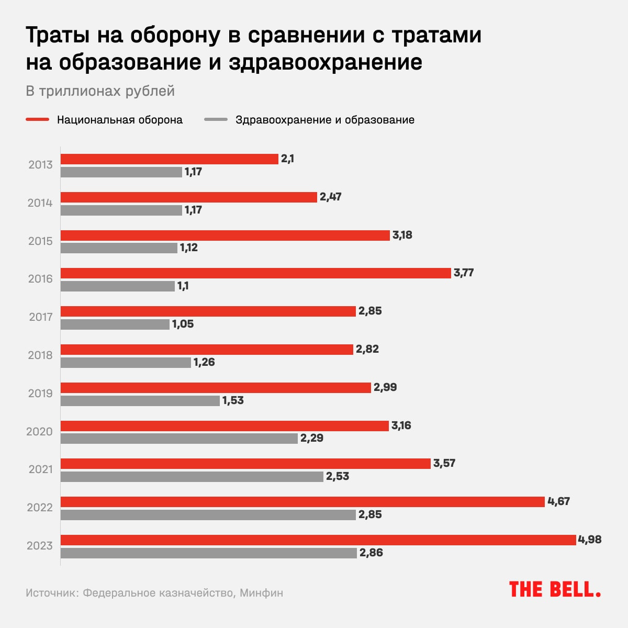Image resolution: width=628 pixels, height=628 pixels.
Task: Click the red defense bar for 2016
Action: point(255,273)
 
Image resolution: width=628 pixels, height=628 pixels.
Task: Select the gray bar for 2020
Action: point(179,439)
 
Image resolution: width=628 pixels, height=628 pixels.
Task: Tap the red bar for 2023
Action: point(318,540)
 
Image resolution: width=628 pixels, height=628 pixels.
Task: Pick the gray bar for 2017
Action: point(115,324)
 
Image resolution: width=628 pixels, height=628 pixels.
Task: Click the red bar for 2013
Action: point(169,159)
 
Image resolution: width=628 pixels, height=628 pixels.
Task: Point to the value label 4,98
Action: point(590,540)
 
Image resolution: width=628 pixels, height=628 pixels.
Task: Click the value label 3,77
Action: point(464,273)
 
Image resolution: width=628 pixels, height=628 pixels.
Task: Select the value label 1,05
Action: point(183,324)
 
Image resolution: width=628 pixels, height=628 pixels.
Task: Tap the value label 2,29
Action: point(312,438)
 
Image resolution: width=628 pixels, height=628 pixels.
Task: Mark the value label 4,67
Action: point(558,501)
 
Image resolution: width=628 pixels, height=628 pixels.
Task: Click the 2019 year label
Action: point(40,394)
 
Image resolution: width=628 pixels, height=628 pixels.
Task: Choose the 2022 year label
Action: point(40,508)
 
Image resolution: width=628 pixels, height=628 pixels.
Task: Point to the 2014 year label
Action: point(40,203)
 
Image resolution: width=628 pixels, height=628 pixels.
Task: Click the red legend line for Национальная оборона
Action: point(37,120)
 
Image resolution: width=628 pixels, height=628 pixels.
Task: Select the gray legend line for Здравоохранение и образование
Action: point(216,120)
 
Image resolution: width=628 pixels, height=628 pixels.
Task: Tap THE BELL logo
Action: point(555,589)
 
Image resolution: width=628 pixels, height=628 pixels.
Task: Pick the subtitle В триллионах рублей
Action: point(100,91)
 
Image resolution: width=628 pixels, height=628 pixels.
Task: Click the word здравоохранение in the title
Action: point(325,62)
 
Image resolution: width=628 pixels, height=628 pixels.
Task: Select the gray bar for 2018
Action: point(126,363)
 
